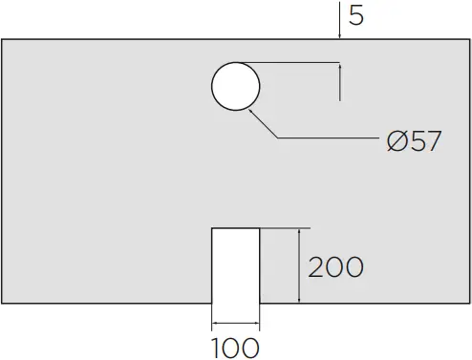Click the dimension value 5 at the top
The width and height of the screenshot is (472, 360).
[x=355, y=16]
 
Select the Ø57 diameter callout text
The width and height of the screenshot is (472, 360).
[x=414, y=141]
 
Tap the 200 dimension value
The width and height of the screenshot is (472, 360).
[x=335, y=266]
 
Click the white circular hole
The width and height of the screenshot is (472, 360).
[x=235, y=87]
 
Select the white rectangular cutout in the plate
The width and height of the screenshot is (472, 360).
[x=235, y=265]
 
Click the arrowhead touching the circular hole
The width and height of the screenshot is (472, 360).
[x=250, y=111]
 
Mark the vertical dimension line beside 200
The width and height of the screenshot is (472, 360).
[x=301, y=266]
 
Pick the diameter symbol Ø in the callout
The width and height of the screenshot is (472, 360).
[x=398, y=141]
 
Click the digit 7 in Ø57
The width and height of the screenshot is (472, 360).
[x=431, y=141]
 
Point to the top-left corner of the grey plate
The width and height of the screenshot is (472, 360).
[x=3, y=40]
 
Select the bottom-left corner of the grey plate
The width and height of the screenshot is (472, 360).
[x=3, y=303]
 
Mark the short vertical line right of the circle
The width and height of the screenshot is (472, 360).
[x=340, y=82]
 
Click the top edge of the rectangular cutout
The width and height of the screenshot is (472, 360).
[x=235, y=229]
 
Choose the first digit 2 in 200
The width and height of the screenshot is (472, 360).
[x=316, y=266]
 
